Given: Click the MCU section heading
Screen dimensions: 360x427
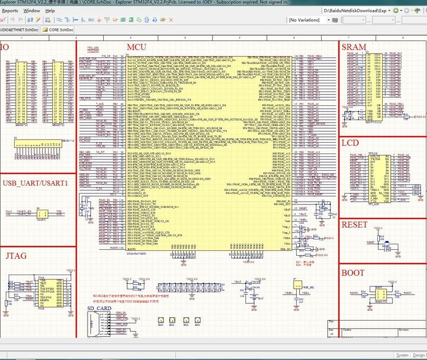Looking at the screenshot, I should click(136, 48).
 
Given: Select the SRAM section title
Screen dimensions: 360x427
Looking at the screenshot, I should click(354, 48).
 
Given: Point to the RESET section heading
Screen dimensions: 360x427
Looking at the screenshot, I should click(355, 224).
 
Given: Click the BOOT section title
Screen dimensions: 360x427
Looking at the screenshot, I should click(353, 272).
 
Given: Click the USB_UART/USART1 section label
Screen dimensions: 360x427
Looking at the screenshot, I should click(35, 183).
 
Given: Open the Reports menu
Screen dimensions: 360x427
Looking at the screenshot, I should click(10, 10).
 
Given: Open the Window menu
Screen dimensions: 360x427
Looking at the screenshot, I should click(31, 10).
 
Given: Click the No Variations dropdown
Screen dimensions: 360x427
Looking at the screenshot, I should click(308, 20).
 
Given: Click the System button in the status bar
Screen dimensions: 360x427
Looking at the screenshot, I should click(402, 355).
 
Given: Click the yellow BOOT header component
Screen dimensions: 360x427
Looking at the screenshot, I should click(380, 294).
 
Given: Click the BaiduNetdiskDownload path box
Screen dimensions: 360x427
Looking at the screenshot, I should click(356, 10).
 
